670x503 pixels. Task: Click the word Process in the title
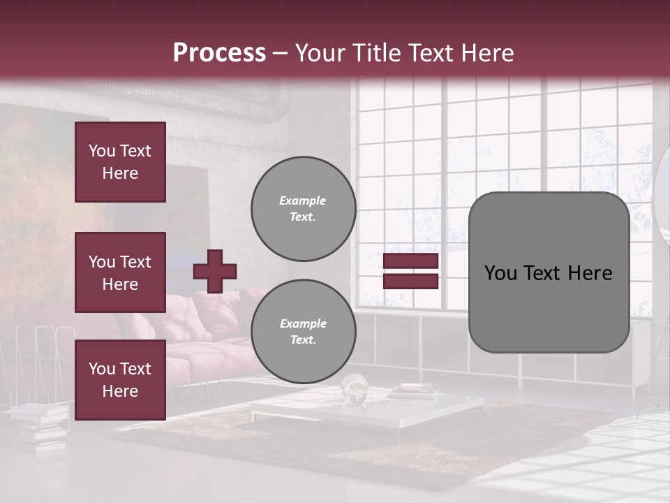point(219,53)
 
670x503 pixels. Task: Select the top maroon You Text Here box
point(120,162)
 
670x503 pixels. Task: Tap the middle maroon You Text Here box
point(120,272)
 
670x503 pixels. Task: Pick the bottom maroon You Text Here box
point(120,379)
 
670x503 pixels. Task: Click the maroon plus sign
point(215,271)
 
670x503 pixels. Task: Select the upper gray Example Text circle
point(303,208)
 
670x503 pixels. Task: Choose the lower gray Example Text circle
point(303,331)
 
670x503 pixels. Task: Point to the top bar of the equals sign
point(411,261)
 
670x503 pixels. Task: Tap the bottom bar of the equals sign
point(411,281)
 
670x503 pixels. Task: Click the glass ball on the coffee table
point(354,387)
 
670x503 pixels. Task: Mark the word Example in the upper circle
point(303,201)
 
